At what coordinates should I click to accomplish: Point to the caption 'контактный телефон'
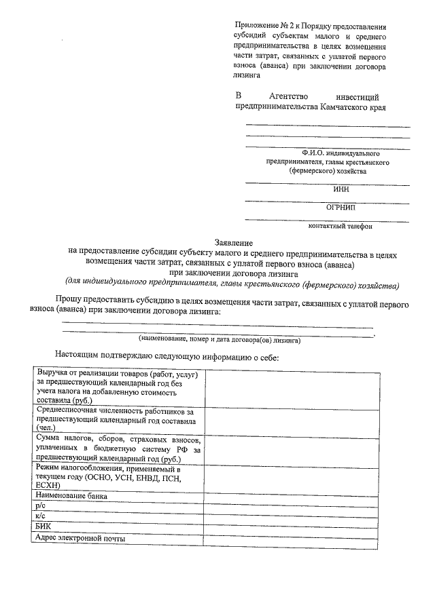click(340, 226)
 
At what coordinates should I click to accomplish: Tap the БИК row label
click(43, 526)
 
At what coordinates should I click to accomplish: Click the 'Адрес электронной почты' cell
click(82, 538)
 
